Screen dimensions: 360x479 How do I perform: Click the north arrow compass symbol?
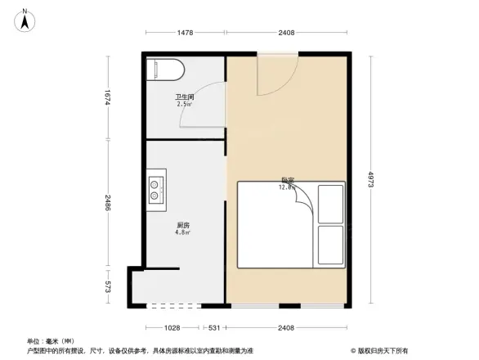tap(25, 19)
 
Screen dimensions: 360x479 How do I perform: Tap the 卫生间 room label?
tap(184, 97)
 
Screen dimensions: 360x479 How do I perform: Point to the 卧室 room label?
tap(287, 179)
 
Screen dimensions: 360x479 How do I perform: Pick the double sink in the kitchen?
tap(156, 191)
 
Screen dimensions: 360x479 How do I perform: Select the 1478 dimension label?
tap(186, 33)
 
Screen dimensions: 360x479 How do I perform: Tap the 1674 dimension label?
tap(107, 99)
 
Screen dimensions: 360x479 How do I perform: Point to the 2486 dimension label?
tap(107, 204)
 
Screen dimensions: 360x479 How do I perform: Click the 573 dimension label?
tap(107, 287)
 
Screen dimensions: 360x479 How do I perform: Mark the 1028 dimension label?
tap(169, 329)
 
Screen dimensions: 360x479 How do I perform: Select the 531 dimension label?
tap(214, 329)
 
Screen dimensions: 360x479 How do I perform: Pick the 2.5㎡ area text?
tap(184, 105)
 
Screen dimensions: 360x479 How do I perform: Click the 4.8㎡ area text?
tap(183, 232)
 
